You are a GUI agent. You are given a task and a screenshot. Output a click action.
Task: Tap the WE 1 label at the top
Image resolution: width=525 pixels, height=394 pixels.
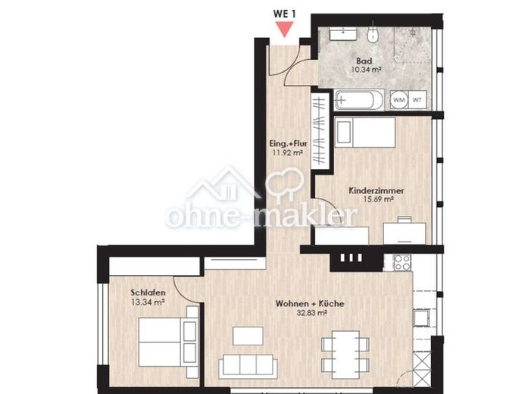(285, 14)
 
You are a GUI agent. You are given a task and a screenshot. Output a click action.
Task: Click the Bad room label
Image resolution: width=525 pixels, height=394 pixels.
(364, 61)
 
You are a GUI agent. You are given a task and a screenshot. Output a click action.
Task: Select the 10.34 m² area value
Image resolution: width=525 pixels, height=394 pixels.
(367, 70)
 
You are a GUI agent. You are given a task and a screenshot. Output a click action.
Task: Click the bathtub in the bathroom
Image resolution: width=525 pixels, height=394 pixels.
(359, 100)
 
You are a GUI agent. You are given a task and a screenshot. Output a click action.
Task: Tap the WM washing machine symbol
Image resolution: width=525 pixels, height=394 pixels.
(398, 100)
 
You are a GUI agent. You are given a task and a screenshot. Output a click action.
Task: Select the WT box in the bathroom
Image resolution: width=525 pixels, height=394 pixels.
(417, 100)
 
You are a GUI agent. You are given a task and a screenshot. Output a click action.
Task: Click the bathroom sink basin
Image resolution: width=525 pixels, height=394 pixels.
(343, 34)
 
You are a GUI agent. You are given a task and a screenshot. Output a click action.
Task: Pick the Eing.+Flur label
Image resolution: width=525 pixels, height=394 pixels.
(289, 144)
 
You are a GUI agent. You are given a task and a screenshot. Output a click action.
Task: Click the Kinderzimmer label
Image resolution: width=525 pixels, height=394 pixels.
(377, 191)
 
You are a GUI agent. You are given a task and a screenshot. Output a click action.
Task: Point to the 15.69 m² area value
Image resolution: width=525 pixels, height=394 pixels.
(378, 199)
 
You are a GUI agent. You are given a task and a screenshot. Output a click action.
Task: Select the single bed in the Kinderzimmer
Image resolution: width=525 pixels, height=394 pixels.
(365, 133)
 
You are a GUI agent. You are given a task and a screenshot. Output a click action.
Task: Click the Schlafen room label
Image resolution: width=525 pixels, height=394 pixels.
(148, 292)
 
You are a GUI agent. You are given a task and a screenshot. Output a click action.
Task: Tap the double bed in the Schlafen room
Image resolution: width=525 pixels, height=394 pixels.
(168, 342)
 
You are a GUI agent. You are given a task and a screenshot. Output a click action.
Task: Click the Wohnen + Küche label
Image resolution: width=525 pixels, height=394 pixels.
(310, 304)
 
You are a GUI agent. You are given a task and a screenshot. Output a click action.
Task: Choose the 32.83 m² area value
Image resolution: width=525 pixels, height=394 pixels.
(311, 313)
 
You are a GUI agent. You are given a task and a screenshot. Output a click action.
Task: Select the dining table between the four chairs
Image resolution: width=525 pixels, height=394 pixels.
(346, 355)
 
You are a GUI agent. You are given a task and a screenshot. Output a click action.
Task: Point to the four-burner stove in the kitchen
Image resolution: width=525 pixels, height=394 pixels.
(402, 262)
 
